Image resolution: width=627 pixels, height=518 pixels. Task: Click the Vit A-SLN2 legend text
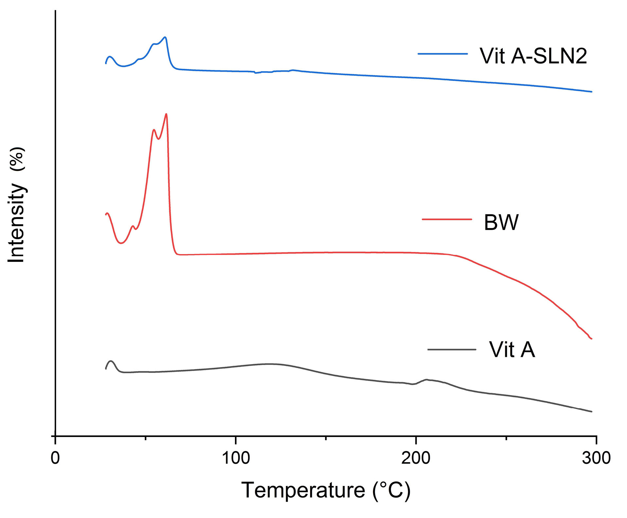pyautogui.click(x=533, y=56)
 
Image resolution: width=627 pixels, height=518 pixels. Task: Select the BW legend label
pyautogui.click(x=501, y=223)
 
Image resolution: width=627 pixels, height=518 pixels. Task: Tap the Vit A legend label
pyautogui.click(x=512, y=350)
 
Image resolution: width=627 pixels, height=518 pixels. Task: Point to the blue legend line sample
pyautogui.click(x=442, y=54)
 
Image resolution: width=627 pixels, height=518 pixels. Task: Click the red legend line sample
pyautogui.click(x=447, y=219)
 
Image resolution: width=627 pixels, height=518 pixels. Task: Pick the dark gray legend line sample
pyautogui.click(x=452, y=350)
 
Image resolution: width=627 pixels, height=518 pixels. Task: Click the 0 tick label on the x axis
pyautogui.click(x=55, y=458)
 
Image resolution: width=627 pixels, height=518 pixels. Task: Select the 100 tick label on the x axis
pyautogui.click(x=236, y=458)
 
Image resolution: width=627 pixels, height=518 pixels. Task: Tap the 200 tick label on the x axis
pyautogui.click(x=416, y=458)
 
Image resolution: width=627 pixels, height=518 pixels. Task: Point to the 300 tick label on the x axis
pyautogui.click(x=596, y=458)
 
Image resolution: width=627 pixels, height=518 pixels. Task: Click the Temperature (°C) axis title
pyautogui.click(x=326, y=490)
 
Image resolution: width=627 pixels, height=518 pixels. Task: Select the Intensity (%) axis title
pyautogui.click(x=16, y=205)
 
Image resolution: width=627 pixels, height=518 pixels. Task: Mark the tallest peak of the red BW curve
pyautogui.click(x=167, y=114)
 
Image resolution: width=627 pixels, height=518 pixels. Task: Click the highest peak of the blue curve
pyautogui.click(x=165, y=37)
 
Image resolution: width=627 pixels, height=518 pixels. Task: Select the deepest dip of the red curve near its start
pyautogui.click(x=121, y=243)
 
